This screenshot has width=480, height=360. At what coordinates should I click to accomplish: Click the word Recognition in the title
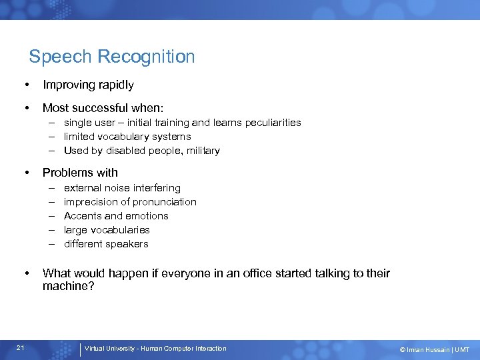(146, 57)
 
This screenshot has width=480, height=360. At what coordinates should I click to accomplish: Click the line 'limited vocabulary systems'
(127, 137)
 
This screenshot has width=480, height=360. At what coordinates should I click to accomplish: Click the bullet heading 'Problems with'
(80, 173)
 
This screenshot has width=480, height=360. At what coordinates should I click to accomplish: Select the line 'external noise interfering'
(122, 188)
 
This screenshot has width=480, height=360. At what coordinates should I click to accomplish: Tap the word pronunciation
(164, 202)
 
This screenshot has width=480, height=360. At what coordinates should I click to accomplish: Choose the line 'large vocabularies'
(107, 230)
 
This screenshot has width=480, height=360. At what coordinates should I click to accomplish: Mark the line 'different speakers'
(106, 244)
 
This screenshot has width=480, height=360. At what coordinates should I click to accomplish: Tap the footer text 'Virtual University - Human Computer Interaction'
(155, 349)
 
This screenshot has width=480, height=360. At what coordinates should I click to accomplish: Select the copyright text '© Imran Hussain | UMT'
(435, 349)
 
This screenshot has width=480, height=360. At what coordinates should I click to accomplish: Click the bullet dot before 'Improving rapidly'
(25, 85)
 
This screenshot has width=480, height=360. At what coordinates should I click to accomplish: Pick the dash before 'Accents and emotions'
(51, 216)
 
